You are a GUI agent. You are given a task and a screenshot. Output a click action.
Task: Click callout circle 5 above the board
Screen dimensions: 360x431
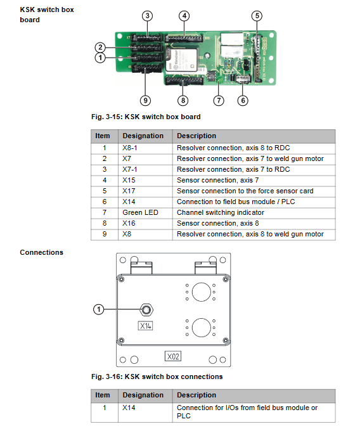(x=257, y=16)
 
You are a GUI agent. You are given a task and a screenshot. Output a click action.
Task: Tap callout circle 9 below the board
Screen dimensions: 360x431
(x=145, y=100)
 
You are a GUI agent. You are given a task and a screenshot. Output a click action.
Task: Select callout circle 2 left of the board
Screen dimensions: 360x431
(x=100, y=48)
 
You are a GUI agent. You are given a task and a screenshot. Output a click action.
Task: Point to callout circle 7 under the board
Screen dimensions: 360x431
(x=219, y=100)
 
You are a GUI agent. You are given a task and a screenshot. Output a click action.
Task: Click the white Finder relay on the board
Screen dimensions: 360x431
(x=181, y=60)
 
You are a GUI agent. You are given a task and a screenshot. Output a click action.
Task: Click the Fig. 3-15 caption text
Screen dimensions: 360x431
(x=146, y=117)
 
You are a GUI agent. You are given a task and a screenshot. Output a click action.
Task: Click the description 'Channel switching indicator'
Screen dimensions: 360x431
(x=221, y=212)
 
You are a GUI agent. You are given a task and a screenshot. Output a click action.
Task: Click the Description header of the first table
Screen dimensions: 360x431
(x=196, y=136)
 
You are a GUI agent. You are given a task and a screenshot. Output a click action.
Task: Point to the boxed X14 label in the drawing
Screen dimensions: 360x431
(x=145, y=326)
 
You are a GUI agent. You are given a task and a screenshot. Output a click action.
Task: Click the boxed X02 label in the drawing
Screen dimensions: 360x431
(x=173, y=356)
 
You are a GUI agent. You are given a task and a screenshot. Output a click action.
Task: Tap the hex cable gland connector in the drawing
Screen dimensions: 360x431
(x=146, y=310)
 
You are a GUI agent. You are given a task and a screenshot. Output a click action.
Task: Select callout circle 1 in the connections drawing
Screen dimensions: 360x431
(x=99, y=309)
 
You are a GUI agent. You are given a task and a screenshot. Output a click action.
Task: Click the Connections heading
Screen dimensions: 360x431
(x=41, y=252)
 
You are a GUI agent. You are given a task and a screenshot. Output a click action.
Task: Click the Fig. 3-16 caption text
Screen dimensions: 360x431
(x=157, y=376)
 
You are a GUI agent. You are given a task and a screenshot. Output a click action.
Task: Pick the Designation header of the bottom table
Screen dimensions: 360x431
(x=143, y=395)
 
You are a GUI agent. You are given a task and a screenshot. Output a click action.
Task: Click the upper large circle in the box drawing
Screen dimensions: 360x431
(x=202, y=283)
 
